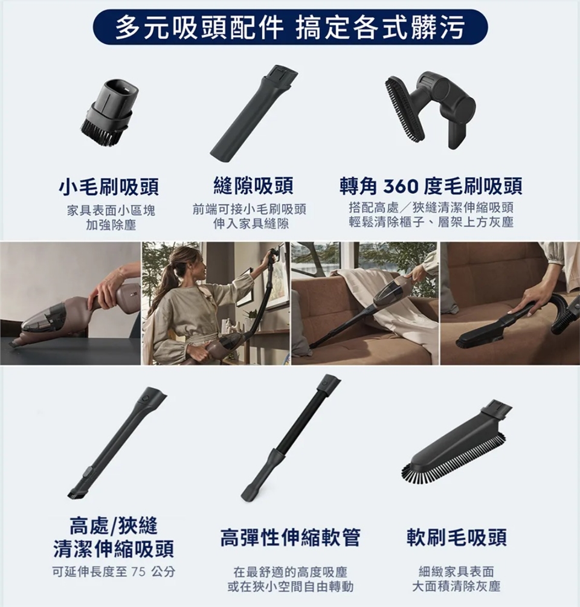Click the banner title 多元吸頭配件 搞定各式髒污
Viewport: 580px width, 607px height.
coord(290,28)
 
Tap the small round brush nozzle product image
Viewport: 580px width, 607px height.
coord(109,112)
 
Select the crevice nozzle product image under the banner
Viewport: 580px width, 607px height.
coord(254,111)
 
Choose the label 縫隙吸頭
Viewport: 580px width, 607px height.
coord(254,185)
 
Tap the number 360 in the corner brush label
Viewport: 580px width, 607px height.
coord(401,187)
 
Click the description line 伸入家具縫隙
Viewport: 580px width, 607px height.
coord(251,223)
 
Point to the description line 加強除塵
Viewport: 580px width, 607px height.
coord(111,225)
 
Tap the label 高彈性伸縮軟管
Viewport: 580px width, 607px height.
coord(290,538)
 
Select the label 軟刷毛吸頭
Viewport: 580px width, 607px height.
coord(457,538)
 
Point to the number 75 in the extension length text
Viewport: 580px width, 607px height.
coord(138,571)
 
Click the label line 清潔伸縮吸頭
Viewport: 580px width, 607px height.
coord(114,549)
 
